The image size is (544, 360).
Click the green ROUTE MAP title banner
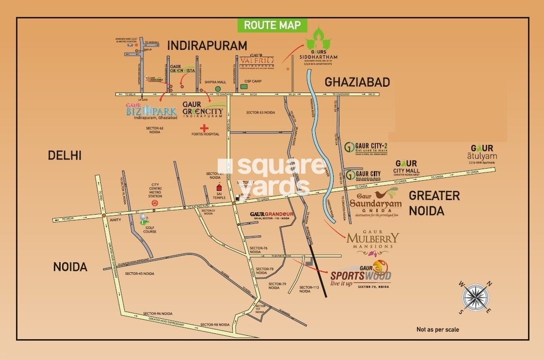272,25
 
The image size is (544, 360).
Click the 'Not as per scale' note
437,329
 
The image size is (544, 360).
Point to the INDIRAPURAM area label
207,46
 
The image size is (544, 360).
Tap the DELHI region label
64,156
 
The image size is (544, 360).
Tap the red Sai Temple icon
219,187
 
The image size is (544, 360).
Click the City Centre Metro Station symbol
155,203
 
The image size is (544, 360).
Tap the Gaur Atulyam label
482,153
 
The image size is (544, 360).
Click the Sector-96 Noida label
158,313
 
